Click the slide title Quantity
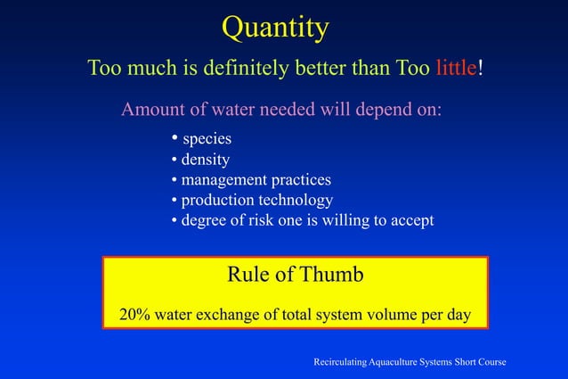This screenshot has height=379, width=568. coord(275,29)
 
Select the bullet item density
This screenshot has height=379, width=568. coord(205,161)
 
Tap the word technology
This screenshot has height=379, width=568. coord(296,200)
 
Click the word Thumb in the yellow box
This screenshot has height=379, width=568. coord(331,276)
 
